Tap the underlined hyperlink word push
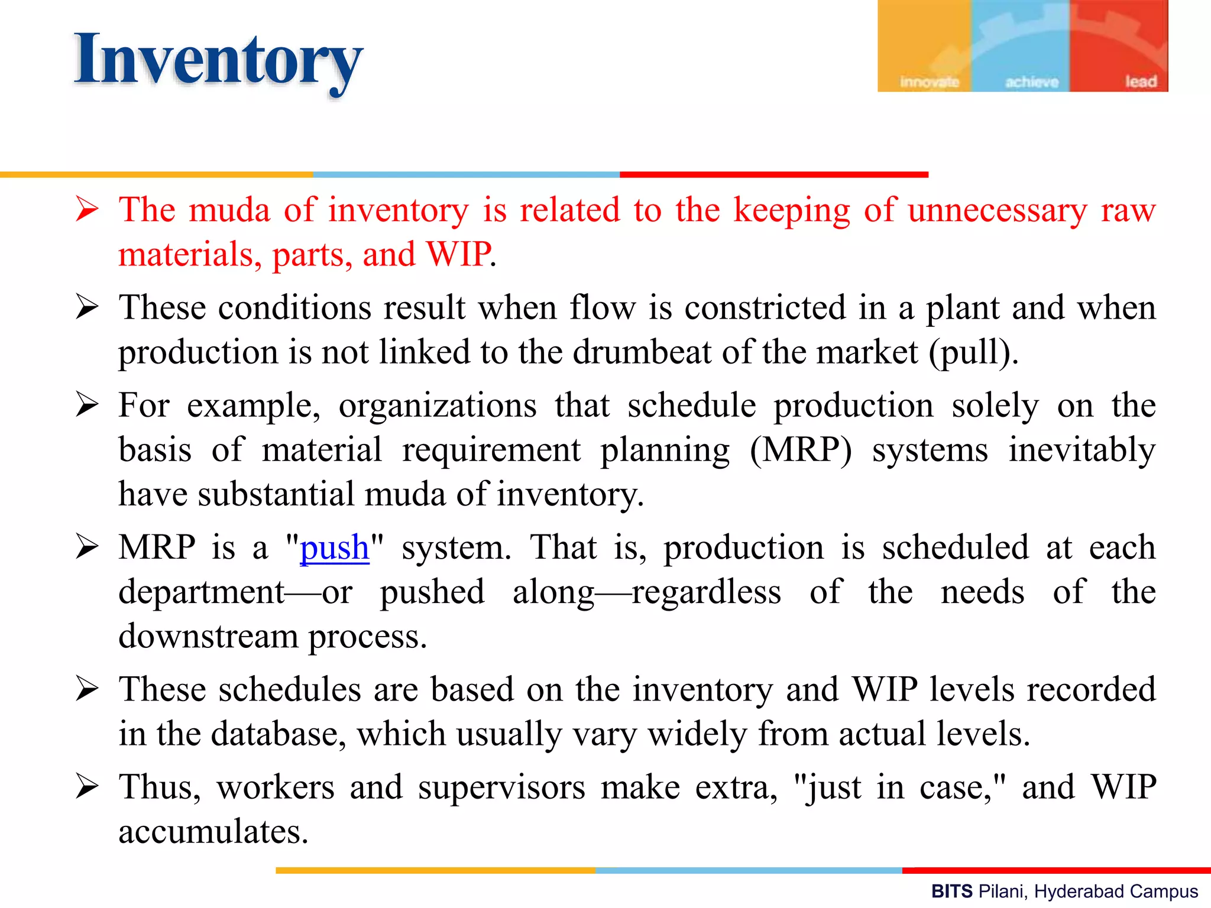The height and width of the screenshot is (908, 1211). [x=335, y=547]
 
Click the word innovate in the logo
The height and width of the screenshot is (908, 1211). [x=929, y=82]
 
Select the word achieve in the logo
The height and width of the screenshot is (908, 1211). [x=1032, y=82]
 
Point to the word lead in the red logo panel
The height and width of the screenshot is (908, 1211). [x=1141, y=82]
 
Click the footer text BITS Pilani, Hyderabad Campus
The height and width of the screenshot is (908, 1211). [x=1064, y=891]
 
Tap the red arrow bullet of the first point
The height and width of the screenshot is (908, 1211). [x=87, y=210]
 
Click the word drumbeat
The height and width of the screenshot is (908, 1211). [x=641, y=352]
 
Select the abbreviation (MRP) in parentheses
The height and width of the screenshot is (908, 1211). [x=801, y=450]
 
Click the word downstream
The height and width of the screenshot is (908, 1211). [x=208, y=637]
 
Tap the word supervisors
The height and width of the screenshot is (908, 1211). [x=501, y=787]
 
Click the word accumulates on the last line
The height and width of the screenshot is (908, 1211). [x=213, y=832]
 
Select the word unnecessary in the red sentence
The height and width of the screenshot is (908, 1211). [x=997, y=210]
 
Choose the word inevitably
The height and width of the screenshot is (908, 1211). [x=1082, y=450]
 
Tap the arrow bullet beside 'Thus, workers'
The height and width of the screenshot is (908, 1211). [x=87, y=787]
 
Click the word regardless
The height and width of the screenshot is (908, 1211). [x=706, y=592]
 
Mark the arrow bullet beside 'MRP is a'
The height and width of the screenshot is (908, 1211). [x=87, y=547]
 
